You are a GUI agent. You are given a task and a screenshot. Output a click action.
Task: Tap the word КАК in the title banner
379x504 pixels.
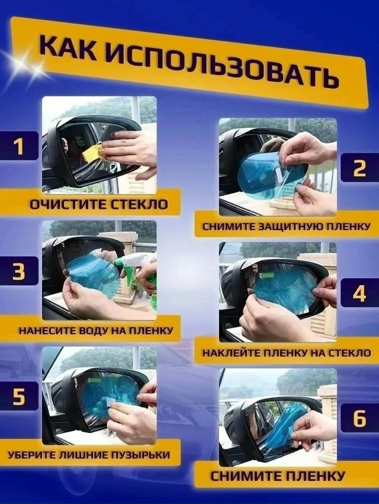click(68, 46)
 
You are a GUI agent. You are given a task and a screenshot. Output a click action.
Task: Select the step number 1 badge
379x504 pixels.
click(20, 146)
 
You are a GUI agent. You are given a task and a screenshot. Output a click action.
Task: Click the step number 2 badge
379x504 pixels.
click(359, 167)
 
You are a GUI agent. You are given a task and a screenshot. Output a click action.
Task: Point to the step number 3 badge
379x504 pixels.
click(20, 271)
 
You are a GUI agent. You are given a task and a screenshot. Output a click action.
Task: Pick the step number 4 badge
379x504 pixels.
click(359, 293)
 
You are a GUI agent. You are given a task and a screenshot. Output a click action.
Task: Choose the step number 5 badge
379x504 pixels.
click(20, 396)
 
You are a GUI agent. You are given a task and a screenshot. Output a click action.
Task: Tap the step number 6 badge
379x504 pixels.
click(359, 418)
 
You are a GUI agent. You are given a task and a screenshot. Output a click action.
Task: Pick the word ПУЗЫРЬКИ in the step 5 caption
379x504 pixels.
click(140, 455)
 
